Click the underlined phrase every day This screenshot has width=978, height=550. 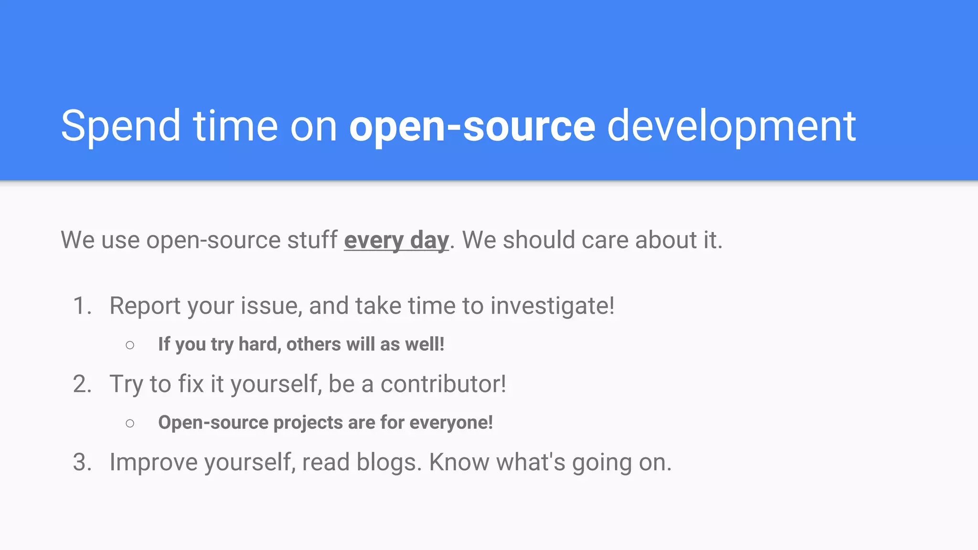[x=396, y=240]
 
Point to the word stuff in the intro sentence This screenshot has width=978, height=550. [x=312, y=240]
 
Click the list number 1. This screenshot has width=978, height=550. [x=81, y=306]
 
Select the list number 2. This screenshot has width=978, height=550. [x=81, y=384]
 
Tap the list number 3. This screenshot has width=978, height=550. [x=81, y=462]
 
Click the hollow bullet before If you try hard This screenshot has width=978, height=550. [x=130, y=345]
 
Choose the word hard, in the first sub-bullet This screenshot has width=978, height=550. [x=260, y=344]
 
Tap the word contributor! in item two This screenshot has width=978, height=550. [x=443, y=384]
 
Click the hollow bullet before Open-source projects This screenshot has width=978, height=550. [x=130, y=423]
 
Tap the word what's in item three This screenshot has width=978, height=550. [x=531, y=462]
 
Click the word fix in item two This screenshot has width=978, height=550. [x=191, y=384]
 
